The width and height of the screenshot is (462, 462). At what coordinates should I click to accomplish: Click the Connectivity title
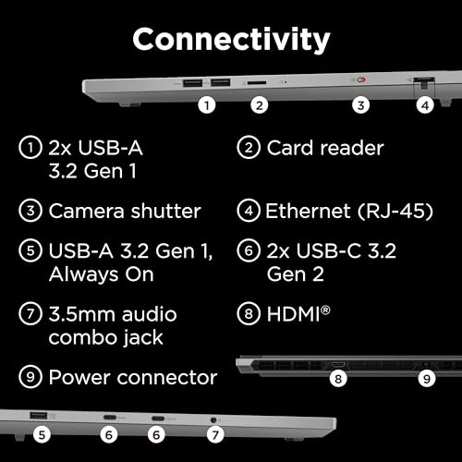click(x=231, y=40)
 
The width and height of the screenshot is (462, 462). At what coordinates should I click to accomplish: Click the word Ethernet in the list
click(x=308, y=212)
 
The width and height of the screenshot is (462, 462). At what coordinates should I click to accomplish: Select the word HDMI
click(x=294, y=314)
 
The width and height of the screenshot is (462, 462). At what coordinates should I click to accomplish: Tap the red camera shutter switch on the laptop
click(x=361, y=79)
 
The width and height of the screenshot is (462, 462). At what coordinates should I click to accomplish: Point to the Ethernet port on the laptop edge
click(x=424, y=83)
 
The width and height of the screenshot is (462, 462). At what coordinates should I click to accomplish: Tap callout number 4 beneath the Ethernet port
click(x=425, y=105)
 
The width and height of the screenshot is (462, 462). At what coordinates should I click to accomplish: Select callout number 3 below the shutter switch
click(x=360, y=105)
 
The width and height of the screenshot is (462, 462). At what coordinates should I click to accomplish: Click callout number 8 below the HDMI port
click(x=338, y=379)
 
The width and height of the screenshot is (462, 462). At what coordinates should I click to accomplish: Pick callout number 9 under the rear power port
click(x=427, y=379)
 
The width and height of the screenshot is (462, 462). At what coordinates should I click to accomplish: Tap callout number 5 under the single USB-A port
click(x=42, y=435)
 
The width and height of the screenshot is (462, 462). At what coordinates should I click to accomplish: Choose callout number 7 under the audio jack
click(x=215, y=435)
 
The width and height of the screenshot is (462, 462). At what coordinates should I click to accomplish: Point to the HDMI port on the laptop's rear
click(x=338, y=365)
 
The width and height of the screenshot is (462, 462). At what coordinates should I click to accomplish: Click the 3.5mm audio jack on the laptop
click(x=213, y=419)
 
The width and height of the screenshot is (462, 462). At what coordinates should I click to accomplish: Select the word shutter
click(x=166, y=212)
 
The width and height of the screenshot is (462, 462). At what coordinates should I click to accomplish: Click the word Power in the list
click(x=79, y=378)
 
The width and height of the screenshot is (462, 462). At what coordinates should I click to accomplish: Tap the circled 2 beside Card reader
click(x=249, y=148)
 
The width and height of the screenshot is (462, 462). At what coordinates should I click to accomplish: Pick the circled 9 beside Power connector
click(x=30, y=377)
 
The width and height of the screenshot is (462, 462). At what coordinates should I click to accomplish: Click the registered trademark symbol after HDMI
click(x=325, y=310)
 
